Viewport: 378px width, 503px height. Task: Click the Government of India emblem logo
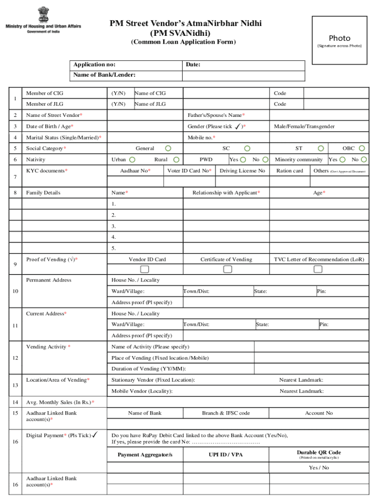(x=44, y=15)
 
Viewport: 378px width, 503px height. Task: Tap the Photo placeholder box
(x=339, y=40)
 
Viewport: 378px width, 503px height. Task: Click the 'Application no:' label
(x=95, y=65)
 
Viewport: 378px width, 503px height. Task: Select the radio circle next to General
(x=168, y=148)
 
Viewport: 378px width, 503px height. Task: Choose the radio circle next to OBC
(x=362, y=148)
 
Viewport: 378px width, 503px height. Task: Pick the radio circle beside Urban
(x=132, y=160)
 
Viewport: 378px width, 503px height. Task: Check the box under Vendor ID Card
(x=144, y=269)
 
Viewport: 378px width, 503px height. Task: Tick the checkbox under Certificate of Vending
(x=227, y=269)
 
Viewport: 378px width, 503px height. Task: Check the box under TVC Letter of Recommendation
(x=318, y=269)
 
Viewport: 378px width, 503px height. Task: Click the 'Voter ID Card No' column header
(x=189, y=171)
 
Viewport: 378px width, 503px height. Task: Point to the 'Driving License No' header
(x=242, y=171)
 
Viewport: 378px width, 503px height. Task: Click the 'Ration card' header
(x=290, y=171)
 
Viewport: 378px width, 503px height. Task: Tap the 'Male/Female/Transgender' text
(x=304, y=127)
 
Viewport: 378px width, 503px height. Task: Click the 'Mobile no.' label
(x=201, y=138)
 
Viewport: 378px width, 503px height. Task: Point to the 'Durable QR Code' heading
(x=319, y=452)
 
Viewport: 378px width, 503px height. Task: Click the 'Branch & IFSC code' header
(x=226, y=414)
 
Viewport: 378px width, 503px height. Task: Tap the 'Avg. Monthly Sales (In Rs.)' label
(x=60, y=403)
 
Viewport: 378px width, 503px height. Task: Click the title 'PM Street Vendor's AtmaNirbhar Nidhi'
(x=186, y=24)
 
